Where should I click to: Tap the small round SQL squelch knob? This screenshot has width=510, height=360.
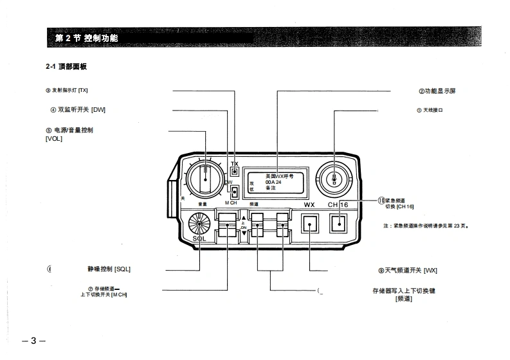pos(199,225)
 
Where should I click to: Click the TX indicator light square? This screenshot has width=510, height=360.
pos(235,172)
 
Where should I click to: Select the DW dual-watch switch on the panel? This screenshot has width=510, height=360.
pos(235,192)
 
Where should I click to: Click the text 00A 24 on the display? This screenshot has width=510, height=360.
pos(274,182)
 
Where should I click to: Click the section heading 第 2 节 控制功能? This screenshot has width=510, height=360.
pos(87,39)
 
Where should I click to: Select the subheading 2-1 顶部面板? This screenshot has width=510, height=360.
pos(66,67)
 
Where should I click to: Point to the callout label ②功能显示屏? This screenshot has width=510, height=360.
pos(437,91)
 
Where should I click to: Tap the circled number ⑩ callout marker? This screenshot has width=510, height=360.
pos(381,201)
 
